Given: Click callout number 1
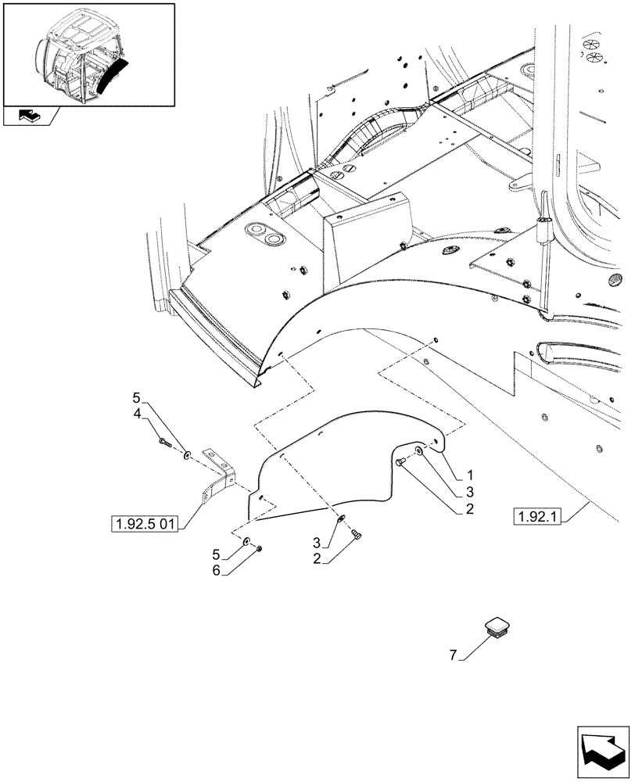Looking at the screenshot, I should click(x=471, y=475).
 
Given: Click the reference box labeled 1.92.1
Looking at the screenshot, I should click(x=539, y=516).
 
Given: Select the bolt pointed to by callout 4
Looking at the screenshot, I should click(x=164, y=442).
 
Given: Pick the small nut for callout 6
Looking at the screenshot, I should click(x=259, y=548).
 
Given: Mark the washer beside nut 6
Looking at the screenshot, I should click(x=246, y=541).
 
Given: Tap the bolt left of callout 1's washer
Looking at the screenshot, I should click(x=400, y=464).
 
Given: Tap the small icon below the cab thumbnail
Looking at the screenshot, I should click(x=30, y=117).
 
